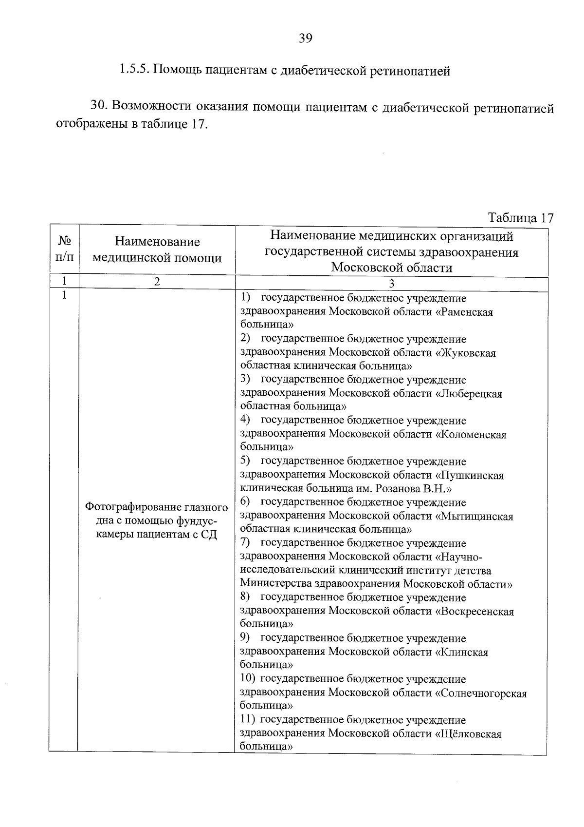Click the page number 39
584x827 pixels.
(305, 38)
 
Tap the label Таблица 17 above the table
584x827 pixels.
(520, 218)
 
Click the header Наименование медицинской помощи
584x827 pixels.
(157, 250)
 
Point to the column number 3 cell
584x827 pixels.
(391, 284)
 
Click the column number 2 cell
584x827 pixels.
(157, 281)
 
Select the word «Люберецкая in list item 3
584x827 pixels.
(469, 394)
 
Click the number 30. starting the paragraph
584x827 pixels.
(100, 106)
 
